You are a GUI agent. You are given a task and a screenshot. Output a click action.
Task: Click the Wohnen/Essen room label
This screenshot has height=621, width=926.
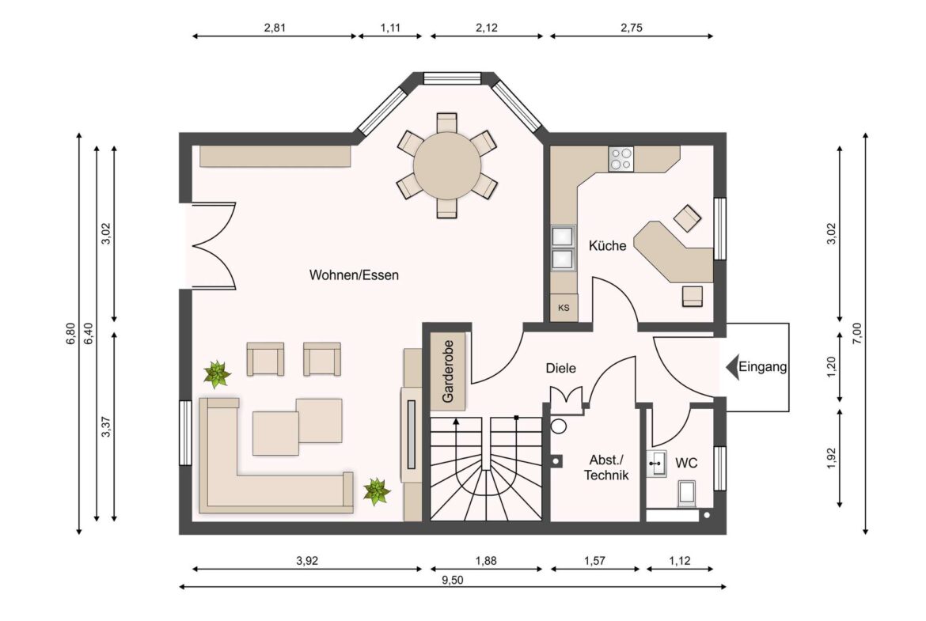tap(354, 275)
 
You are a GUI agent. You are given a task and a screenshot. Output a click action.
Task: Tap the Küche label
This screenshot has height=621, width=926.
tap(607, 246)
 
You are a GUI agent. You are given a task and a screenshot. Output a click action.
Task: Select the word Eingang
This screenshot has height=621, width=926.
tap(762, 367)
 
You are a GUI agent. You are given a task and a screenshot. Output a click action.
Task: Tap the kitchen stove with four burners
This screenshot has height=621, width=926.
tap(620, 160)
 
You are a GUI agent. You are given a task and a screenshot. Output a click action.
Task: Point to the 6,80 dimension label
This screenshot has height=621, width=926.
tap(70, 333)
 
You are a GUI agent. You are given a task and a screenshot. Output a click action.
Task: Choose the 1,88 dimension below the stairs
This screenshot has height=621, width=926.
tap(485, 561)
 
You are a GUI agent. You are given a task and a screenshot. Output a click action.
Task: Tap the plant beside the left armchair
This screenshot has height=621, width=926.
tap(216, 373)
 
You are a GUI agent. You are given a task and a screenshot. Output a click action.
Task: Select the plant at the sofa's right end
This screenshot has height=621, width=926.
tap(377, 491)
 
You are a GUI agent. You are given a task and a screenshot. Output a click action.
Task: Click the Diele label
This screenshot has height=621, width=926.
tap(560, 368)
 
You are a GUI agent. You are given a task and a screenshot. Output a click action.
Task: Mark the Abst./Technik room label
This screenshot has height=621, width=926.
tap(606, 468)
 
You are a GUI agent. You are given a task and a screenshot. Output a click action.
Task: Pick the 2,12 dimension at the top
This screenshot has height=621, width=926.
tap(487, 28)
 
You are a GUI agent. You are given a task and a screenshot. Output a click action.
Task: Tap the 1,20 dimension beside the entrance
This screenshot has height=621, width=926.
tap(831, 367)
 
